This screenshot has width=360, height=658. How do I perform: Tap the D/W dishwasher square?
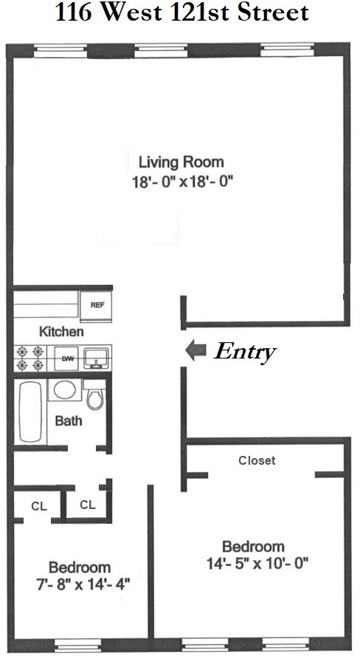click(x=68, y=359)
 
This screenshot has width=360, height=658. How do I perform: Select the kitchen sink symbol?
click(x=95, y=359)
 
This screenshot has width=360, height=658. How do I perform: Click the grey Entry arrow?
click(x=195, y=350)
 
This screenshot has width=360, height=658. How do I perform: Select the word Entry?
click(x=244, y=351)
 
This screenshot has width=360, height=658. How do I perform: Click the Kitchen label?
click(x=61, y=331)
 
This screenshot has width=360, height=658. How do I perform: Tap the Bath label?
click(x=68, y=421)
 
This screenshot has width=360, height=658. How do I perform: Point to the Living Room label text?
click(x=181, y=162)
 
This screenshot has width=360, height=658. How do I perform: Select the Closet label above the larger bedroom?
click(x=257, y=460)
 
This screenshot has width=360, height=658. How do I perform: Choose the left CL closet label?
click(x=38, y=505)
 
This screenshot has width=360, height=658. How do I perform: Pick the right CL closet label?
click(x=87, y=505)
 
